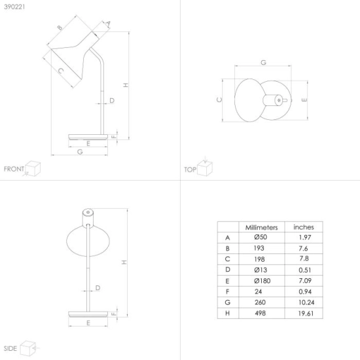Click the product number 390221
pos(14,7)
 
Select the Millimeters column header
pos(262,228)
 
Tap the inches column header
pos(304,227)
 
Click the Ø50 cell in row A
pos(261,237)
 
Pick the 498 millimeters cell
pos(260,313)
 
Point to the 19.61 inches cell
pos(306,314)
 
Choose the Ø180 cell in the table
pos(262,281)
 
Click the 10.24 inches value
pos(306,302)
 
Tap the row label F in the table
pos(227,291)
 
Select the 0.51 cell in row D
pos(305,270)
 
